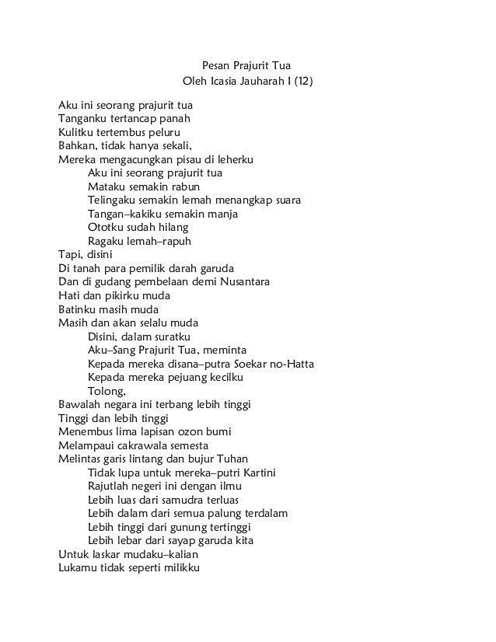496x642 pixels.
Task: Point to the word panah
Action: tap(174, 119)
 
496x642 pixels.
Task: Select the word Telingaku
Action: tap(114, 200)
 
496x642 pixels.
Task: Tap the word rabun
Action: tap(186, 187)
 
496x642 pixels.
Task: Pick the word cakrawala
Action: tap(148, 445)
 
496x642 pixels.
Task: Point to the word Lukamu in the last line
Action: tap(79, 567)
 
